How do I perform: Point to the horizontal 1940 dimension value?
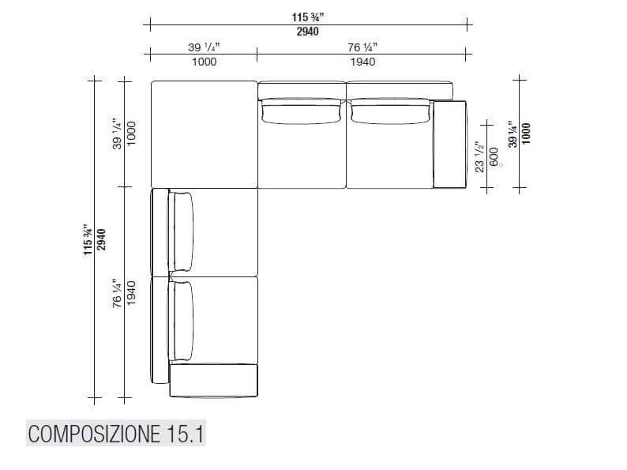coord(362,62)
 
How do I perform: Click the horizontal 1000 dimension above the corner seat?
coord(204,62)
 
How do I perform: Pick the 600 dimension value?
coord(494,155)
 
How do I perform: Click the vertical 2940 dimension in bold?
coord(100,238)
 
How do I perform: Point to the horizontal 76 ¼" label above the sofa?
coord(362,47)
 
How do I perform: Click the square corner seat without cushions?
coord(204,134)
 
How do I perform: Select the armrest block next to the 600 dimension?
coord(451,144)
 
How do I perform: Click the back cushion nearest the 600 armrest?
coord(389,112)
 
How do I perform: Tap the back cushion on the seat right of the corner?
coord(302,112)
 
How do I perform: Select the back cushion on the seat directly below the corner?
coord(182,231)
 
